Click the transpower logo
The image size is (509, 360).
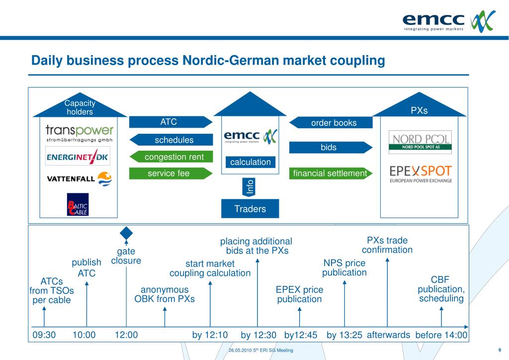pyautogui.click(x=80, y=133)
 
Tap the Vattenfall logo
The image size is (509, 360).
pyautogui.click(x=80, y=178)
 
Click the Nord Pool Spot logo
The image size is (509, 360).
pyautogui.click(x=420, y=141)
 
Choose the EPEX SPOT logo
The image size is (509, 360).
pyautogui.click(x=421, y=174)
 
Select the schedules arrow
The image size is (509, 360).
pyautogui.click(x=171, y=140)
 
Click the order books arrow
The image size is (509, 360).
pyautogui.click(x=331, y=123)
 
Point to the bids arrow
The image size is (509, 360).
pyautogui.click(x=330, y=147)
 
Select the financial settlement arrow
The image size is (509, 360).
pyautogui.click(x=330, y=174)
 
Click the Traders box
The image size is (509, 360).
pyautogui.click(x=250, y=209)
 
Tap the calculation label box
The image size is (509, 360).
pyautogui.click(x=250, y=162)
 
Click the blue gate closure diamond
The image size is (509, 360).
pyautogui.click(x=127, y=233)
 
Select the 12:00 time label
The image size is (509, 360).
pyautogui.click(x=126, y=335)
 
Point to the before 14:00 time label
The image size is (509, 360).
pyautogui.click(x=441, y=335)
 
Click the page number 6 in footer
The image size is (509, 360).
pyautogui.click(x=499, y=350)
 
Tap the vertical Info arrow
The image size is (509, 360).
pyautogui.click(x=250, y=187)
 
